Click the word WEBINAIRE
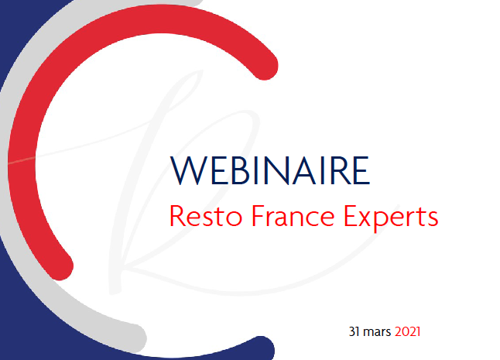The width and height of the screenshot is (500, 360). (x=270, y=170)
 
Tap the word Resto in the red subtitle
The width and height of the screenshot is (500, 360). (x=206, y=216)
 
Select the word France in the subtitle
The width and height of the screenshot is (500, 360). (x=293, y=216)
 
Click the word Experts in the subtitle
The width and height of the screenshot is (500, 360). (x=391, y=218)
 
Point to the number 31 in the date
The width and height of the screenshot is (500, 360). (x=354, y=331)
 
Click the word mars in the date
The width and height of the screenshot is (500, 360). (x=377, y=333)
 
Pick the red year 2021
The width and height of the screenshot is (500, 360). (x=408, y=331)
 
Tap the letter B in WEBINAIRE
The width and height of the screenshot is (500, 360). (x=241, y=170)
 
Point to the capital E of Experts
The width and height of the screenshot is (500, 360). (x=351, y=215)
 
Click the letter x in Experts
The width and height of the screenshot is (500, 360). (x=366, y=218)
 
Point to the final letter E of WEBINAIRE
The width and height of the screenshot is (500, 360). (x=361, y=170)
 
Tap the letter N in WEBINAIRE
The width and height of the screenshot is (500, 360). (x=277, y=170)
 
